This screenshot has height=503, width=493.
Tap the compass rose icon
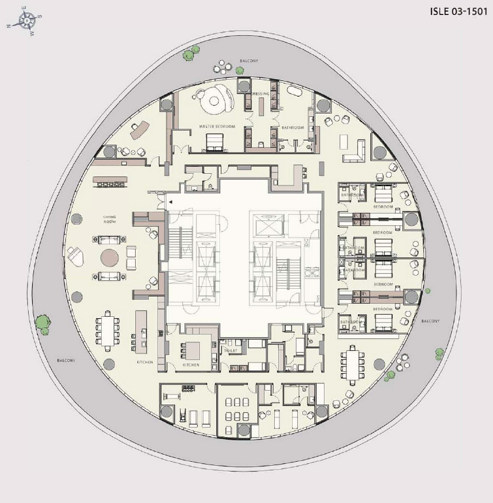tap(26, 21)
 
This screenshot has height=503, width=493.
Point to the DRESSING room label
tap(261, 94)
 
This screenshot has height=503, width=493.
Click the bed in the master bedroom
tap(214, 140)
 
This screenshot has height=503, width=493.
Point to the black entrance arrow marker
tap(170, 203)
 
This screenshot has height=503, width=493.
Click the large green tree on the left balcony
tap(43, 322)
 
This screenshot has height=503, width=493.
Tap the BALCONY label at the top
tap(249, 61)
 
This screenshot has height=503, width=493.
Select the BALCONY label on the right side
tap(430, 321)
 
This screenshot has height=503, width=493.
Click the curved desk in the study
tap(138, 131)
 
